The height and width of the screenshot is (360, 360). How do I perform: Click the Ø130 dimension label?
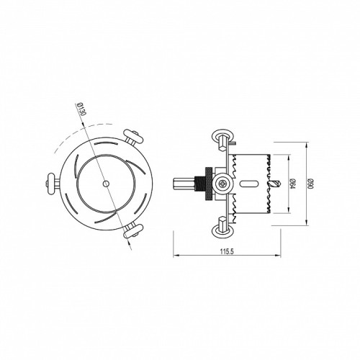82,109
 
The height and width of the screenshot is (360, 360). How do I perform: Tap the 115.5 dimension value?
227,251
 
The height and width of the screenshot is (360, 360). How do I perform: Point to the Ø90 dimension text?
311,184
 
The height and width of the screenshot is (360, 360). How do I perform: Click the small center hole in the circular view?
106,184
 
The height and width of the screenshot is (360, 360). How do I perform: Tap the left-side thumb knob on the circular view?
51,184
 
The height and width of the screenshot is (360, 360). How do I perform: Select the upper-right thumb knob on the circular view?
132,137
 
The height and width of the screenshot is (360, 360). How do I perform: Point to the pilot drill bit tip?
279,184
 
